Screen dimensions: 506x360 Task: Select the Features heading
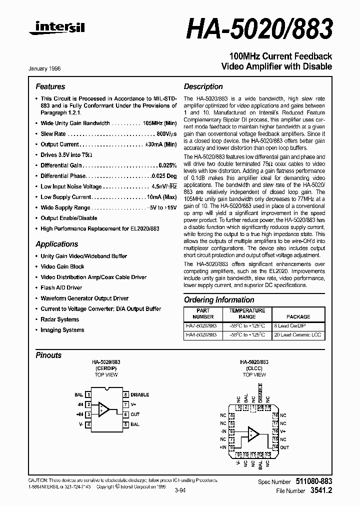point(50,86)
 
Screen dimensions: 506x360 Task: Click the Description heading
point(203,86)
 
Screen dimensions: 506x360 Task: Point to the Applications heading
point(56,244)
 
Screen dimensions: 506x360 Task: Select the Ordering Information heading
point(219,300)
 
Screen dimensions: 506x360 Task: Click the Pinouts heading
point(48,355)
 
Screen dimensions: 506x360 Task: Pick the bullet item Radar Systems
point(59,319)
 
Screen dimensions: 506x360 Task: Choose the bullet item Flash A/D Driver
point(61,288)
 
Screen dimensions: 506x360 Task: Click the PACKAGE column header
point(298,316)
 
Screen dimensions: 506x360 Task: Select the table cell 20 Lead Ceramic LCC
point(298,334)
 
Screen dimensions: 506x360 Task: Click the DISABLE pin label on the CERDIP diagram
point(140,394)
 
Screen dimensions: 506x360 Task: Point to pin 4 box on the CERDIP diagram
point(88,424)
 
